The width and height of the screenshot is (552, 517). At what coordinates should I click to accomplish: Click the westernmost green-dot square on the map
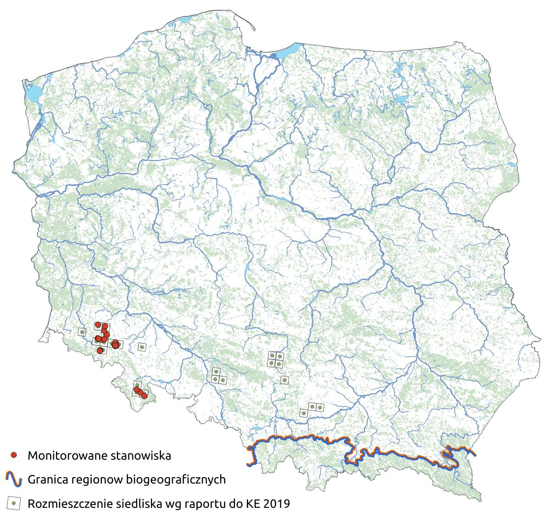82,332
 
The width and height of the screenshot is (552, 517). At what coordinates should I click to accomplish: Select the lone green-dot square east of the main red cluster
142,347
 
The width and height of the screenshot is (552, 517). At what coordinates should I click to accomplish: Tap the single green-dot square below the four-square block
284,379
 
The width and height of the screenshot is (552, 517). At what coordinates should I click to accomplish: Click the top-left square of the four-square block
272,356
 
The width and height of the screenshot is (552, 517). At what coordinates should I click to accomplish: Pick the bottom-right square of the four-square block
279,363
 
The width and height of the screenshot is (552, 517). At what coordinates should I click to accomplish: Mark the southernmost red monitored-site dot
144,395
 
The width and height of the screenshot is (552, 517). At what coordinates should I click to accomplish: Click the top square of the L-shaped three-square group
215,372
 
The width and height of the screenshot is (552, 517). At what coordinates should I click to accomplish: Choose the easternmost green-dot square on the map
320,407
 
